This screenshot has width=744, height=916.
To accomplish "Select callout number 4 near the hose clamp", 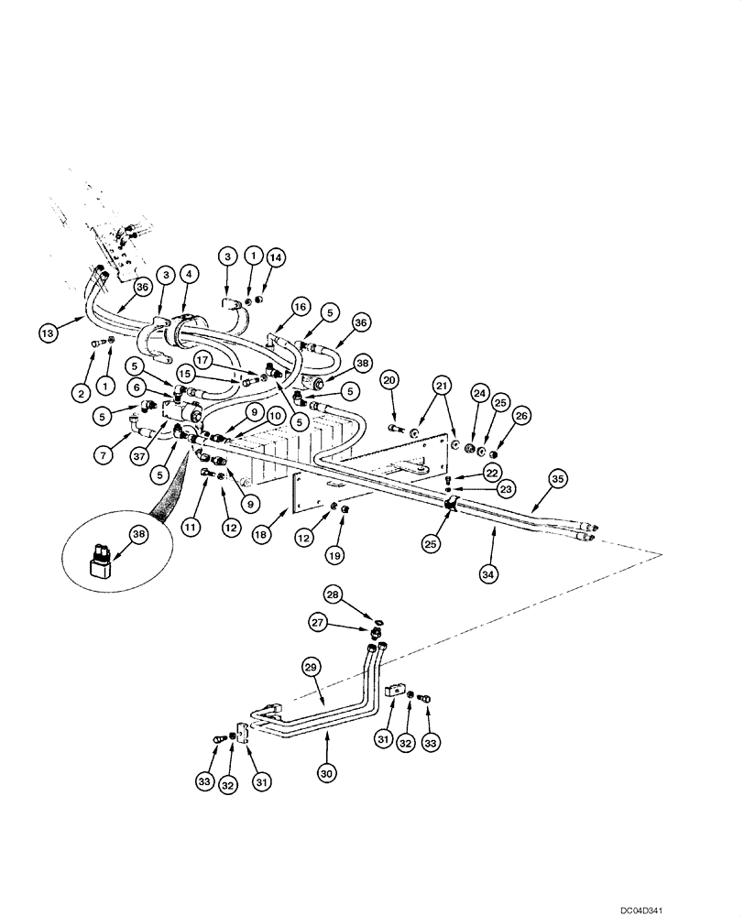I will tap(188, 273).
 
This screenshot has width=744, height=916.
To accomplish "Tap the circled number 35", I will tap(558, 478).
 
